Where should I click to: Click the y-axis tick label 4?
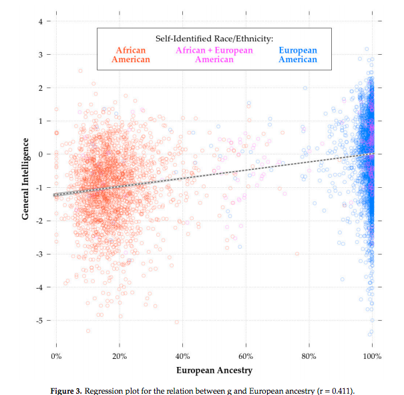pyautogui.click(x=41, y=21)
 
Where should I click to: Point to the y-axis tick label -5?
pyautogui.click(x=39, y=321)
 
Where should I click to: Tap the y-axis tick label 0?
pyautogui.click(x=41, y=154)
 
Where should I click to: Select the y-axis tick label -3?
pyautogui.click(x=39, y=254)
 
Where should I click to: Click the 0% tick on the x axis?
pyautogui.click(x=57, y=355)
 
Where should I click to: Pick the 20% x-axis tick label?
pyautogui.click(x=120, y=355)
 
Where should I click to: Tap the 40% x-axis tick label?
pyautogui.click(x=183, y=355)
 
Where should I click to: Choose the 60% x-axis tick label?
pyautogui.click(x=246, y=355)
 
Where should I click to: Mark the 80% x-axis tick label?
pyautogui.click(x=309, y=355)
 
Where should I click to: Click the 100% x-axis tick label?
pyautogui.click(x=371, y=355)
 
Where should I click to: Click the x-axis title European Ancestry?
pyautogui.click(x=214, y=370)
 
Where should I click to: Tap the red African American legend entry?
pyautogui.click(x=131, y=55)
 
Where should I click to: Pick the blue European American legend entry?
pyautogui.click(x=297, y=55)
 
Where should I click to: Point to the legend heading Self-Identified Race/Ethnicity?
pyautogui.click(x=214, y=39)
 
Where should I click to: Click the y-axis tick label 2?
pyautogui.click(x=41, y=88)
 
